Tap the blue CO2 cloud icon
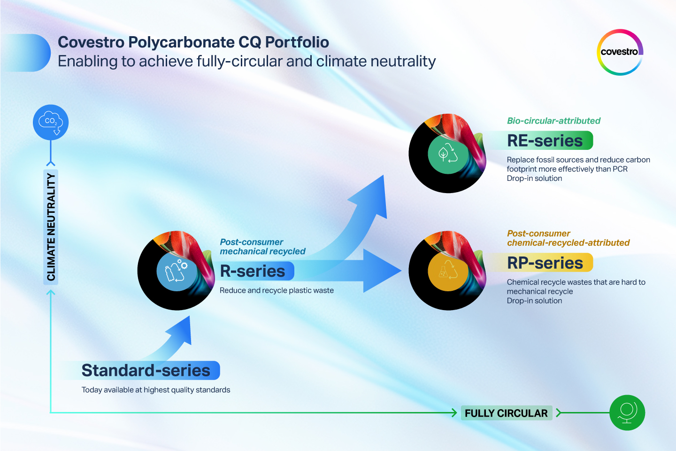coord(51,122)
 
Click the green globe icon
coord(627,412)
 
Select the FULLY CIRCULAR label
coord(506,413)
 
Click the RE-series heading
coord(545,140)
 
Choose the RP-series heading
coord(545,263)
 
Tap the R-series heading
coord(252,271)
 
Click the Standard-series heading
coord(146,370)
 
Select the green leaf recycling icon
coord(448,153)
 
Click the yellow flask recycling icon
coord(448,271)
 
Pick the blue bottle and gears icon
coord(177,271)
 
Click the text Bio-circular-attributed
coord(553,121)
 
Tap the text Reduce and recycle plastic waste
coord(277,290)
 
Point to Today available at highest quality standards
coord(156,390)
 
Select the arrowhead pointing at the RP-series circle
coord(382,271)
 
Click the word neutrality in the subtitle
coord(403,62)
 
